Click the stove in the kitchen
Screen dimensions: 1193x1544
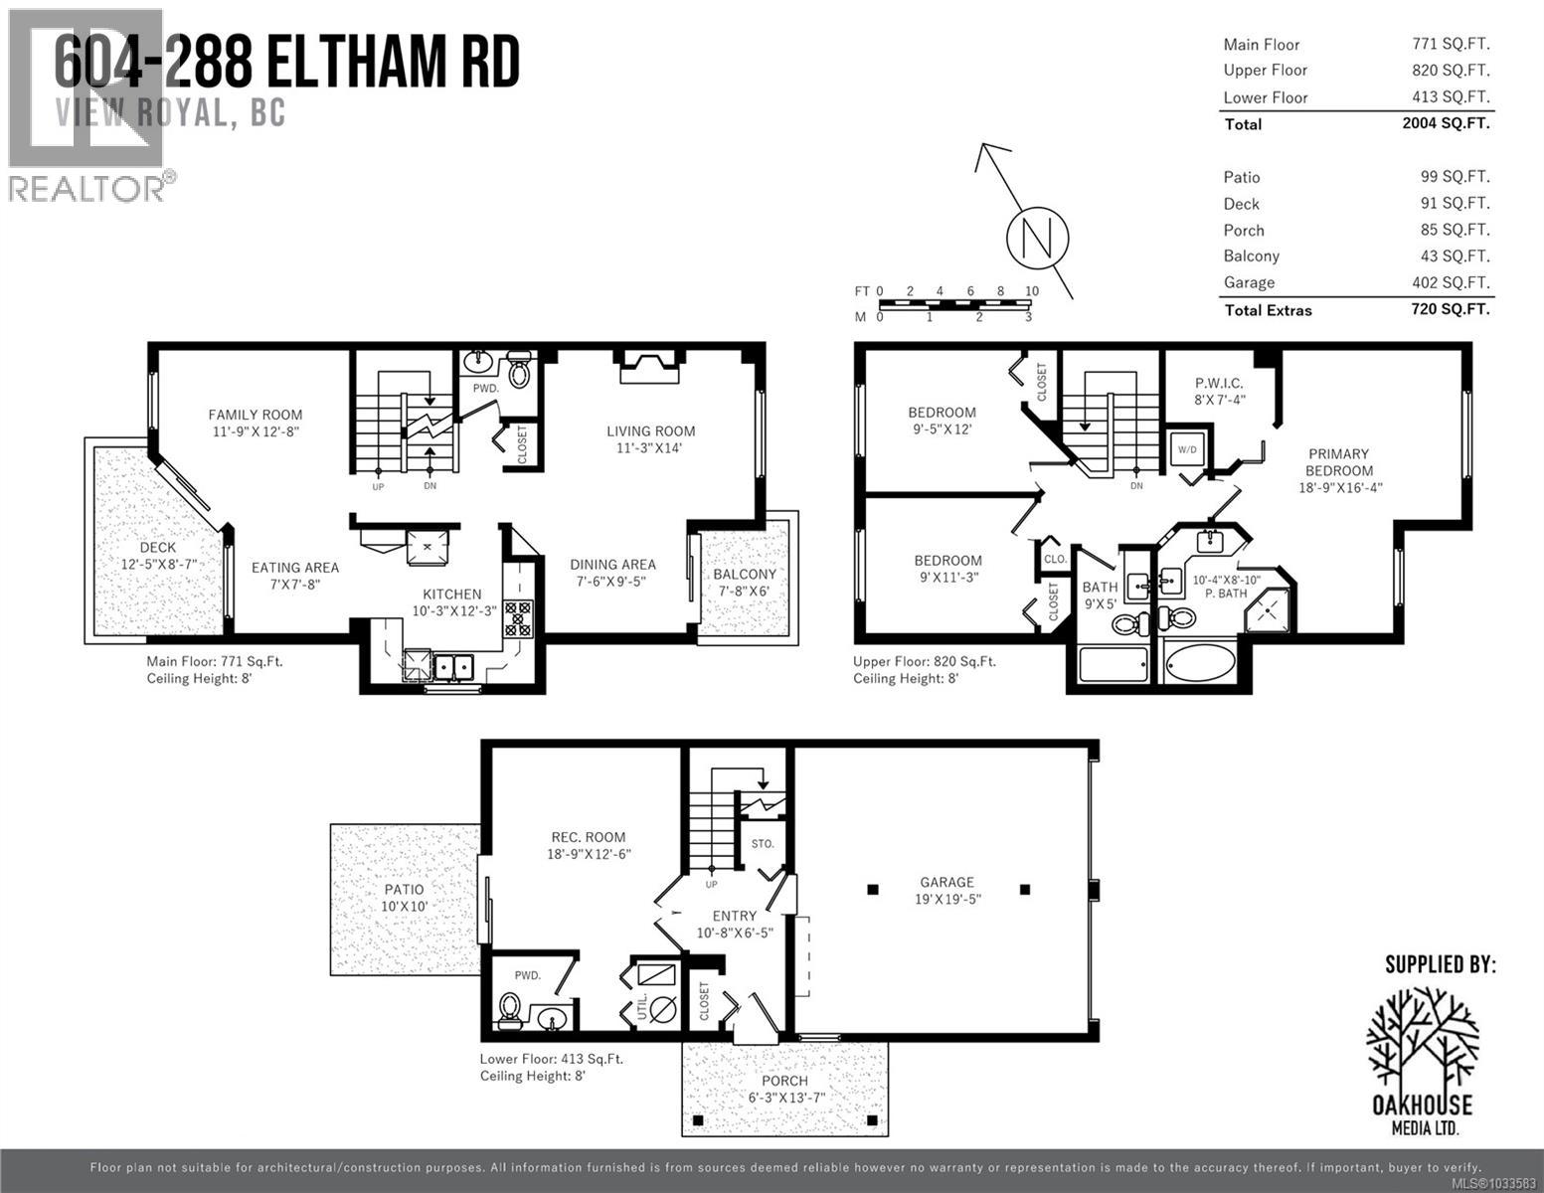click(x=518, y=617)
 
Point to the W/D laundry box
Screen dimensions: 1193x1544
click(x=1187, y=449)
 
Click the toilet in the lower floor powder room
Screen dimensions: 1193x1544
click(x=510, y=1010)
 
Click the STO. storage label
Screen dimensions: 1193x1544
click(x=763, y=843)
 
